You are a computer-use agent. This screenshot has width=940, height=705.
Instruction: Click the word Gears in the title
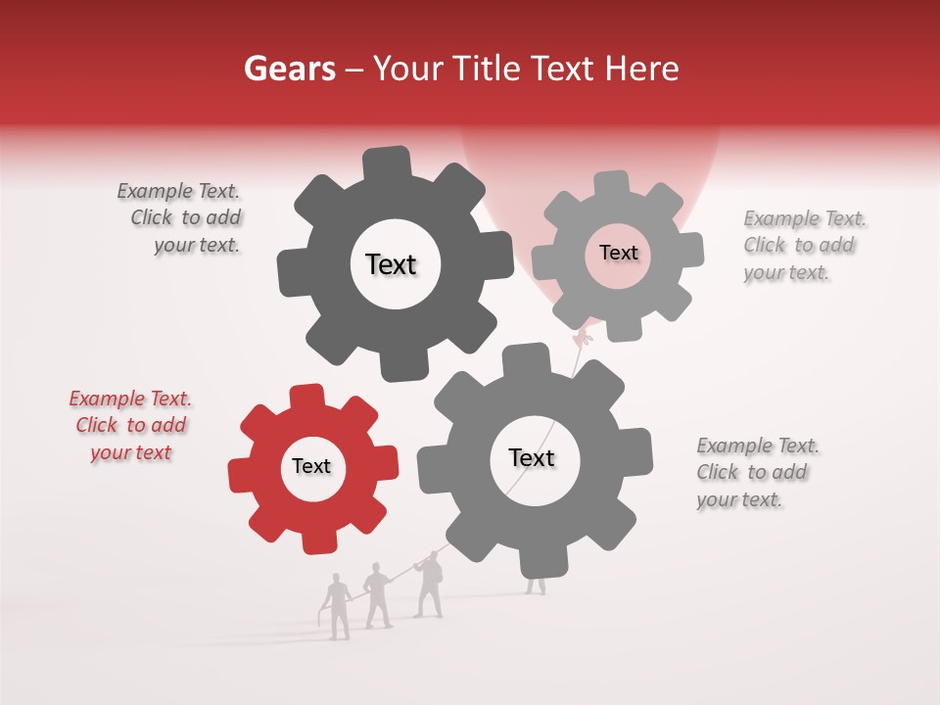(289, 69)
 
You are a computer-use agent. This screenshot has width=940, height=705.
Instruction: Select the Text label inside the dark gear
(391, 264)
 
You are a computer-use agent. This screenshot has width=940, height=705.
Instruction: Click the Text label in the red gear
(311, 466)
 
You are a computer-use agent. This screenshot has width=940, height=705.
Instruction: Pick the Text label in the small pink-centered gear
(618, 253)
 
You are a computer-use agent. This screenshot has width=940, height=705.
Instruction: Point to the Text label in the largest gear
(532, 457)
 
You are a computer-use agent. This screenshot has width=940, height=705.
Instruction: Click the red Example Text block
(130, 426)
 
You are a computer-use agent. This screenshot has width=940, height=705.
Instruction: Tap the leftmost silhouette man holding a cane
(338, 607)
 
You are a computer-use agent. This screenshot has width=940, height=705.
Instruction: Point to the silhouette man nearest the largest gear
(428, 586)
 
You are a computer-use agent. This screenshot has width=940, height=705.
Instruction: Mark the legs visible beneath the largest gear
(536, 586)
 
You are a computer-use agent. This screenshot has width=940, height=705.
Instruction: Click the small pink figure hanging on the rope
(584, 340)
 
